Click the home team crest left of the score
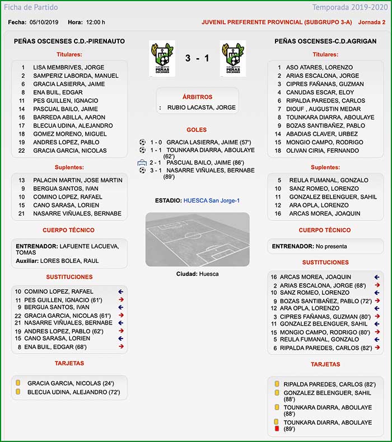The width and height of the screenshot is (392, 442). click(162, 59)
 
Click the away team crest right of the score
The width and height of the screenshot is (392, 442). click(234, 59)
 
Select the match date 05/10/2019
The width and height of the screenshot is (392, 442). click(44, 22)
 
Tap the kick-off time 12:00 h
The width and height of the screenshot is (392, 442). click(95, 22)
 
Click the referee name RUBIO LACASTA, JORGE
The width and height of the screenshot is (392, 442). click(202, 107)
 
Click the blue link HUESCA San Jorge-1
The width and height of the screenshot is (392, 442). click(212, 200)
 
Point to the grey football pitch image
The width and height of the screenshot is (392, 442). click(197, 239)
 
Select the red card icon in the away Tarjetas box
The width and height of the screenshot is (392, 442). click(276, 429)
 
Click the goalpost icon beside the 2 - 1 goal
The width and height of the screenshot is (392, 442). click(142, 163)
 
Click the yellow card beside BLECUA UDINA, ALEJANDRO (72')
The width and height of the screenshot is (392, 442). click(18, 392)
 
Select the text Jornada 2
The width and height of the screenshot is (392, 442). click(372, 22)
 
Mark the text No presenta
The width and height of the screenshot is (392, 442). click(331, 246)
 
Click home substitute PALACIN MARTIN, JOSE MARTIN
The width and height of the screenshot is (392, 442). click(77, 180)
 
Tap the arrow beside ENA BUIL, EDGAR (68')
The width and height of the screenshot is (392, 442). click(120, 347)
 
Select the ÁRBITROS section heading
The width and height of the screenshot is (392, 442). click(197, 97)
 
